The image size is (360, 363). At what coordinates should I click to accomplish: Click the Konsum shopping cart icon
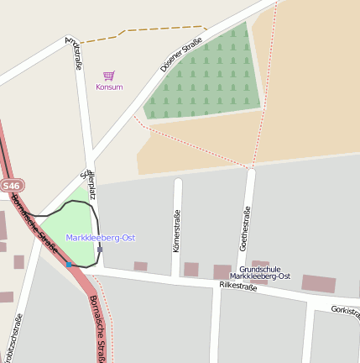(108, 76)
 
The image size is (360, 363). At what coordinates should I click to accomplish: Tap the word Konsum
(109, 87)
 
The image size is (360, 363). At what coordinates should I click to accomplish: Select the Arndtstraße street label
(75, 53)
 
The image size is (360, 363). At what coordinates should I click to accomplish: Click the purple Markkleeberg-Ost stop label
(101, 238)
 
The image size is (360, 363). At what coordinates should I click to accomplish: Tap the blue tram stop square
(69, 265)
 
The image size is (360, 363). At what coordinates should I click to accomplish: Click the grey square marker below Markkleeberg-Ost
(100, 249)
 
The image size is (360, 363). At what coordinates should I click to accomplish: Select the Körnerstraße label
(176, 230)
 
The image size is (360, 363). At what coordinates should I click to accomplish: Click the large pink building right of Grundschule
(318, 283)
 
